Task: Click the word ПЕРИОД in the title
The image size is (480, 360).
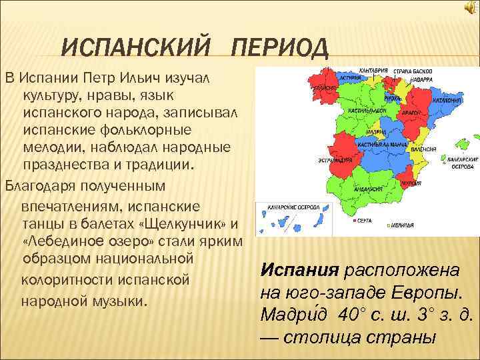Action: tap(279, 49)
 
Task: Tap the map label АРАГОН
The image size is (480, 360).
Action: tap(413, 114)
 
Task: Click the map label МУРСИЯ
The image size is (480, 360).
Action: tap(409, 182)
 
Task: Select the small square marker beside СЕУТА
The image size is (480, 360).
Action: tap(352, 219)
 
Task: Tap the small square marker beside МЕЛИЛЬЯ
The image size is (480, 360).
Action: tap(389, 227)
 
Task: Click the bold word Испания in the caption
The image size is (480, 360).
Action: tap(299, 271)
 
